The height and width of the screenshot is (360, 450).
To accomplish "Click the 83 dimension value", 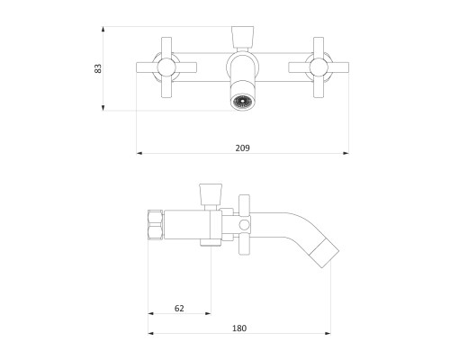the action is [98, 68].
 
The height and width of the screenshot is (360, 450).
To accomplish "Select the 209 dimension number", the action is [242, 148].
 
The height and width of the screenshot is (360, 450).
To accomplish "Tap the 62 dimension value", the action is [179, 308].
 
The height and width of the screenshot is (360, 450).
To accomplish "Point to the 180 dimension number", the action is [239, 328].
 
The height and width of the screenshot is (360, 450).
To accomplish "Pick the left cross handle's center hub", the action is [166, 67].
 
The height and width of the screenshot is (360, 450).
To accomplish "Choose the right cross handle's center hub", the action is [319, 67].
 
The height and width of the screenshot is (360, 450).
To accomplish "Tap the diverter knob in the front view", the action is [243, 37].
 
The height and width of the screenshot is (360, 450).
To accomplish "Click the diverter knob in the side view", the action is [211, 193].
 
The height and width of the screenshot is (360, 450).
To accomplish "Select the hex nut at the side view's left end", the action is [156, 225].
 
